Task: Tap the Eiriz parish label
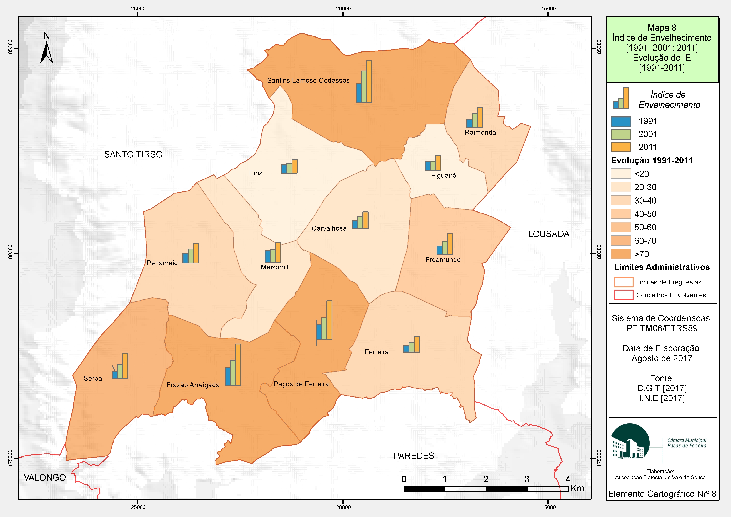pos(256,173)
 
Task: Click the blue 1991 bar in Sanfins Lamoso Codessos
pos(359,93)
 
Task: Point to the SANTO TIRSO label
pos(133,154)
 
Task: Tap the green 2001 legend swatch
pos(621,134)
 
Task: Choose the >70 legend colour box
pos(621,254)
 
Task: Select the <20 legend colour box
pos(621,174)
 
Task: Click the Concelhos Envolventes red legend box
pos(623,295)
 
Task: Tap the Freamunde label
pos(443,260)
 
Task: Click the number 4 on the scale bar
pos(568,479)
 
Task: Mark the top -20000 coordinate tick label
pos(343,9)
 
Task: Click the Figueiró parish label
pos(444,175)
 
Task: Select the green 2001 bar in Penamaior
pos(190,256)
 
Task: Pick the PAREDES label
pos(414,456)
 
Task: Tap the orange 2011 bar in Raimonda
pos(480,118)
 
